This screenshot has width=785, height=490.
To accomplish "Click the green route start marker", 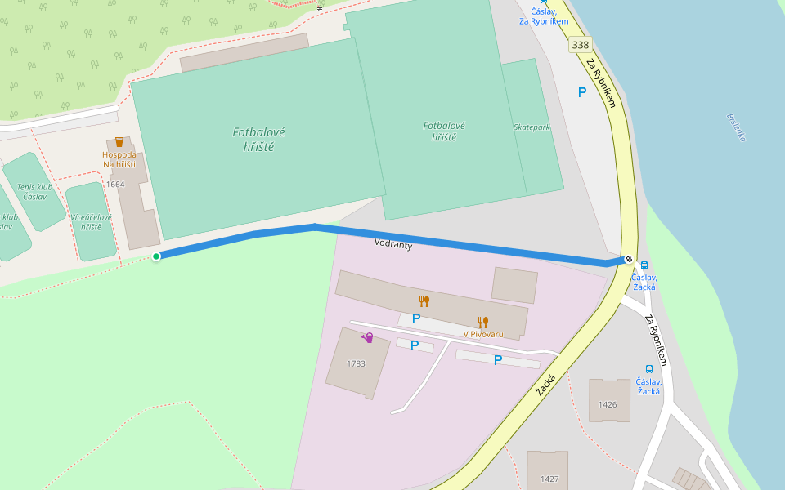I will coord(156,256).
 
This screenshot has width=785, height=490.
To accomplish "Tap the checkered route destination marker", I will coord(628,260).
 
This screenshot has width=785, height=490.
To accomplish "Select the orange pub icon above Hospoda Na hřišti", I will coord(119,142).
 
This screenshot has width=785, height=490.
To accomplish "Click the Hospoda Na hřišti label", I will coord(119,159).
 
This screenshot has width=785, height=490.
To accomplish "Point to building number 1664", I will coord(115,185).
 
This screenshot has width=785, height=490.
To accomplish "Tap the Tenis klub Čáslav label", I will coord(34,192).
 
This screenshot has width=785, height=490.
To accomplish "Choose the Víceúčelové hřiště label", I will coord(91,221).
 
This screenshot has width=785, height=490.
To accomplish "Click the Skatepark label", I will coord(532,127).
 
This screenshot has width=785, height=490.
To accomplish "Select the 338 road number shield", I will coord(581,45).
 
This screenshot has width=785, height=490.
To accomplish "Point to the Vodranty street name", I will coord(393,243).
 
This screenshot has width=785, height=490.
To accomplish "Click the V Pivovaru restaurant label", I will coord(482,334).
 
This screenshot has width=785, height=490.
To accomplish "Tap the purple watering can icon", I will coord(368,337).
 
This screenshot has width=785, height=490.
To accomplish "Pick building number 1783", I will coord(356,363).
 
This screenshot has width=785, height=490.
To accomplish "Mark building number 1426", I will coord(608,404).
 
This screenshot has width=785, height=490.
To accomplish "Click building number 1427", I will coord(549,479).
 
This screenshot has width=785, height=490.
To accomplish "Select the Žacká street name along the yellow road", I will coord(545,385).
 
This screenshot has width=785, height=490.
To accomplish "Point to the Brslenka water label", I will coord(736,127).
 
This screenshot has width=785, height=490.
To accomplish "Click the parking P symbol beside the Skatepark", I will coord(582,92).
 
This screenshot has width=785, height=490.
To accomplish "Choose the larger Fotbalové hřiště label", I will coord(258,139).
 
